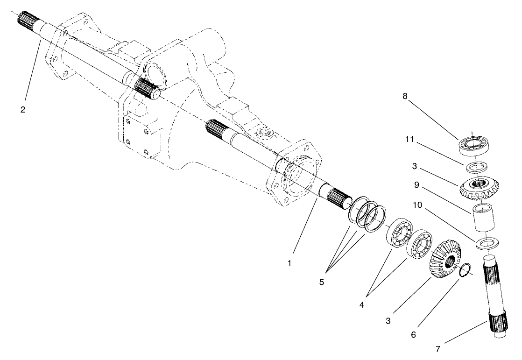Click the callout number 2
click(23, 110)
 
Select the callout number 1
click(289, 263)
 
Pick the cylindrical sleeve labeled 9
click(481, 219)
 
